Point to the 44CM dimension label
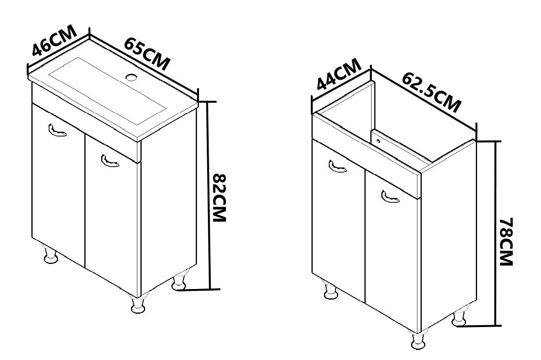coord(339,74)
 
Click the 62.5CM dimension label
coord(432,93)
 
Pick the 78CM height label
coord(506,242)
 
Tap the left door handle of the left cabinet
coord(58,131)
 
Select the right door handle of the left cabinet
coord(110,161)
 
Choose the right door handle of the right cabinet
coord(390,196)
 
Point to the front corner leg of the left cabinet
coord(138,305)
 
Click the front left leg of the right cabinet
coord(331,289)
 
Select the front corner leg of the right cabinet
coord(419,340)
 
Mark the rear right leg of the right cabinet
coord(459,316)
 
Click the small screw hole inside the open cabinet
coord(378,140)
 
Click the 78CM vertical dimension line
coord(495,234)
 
